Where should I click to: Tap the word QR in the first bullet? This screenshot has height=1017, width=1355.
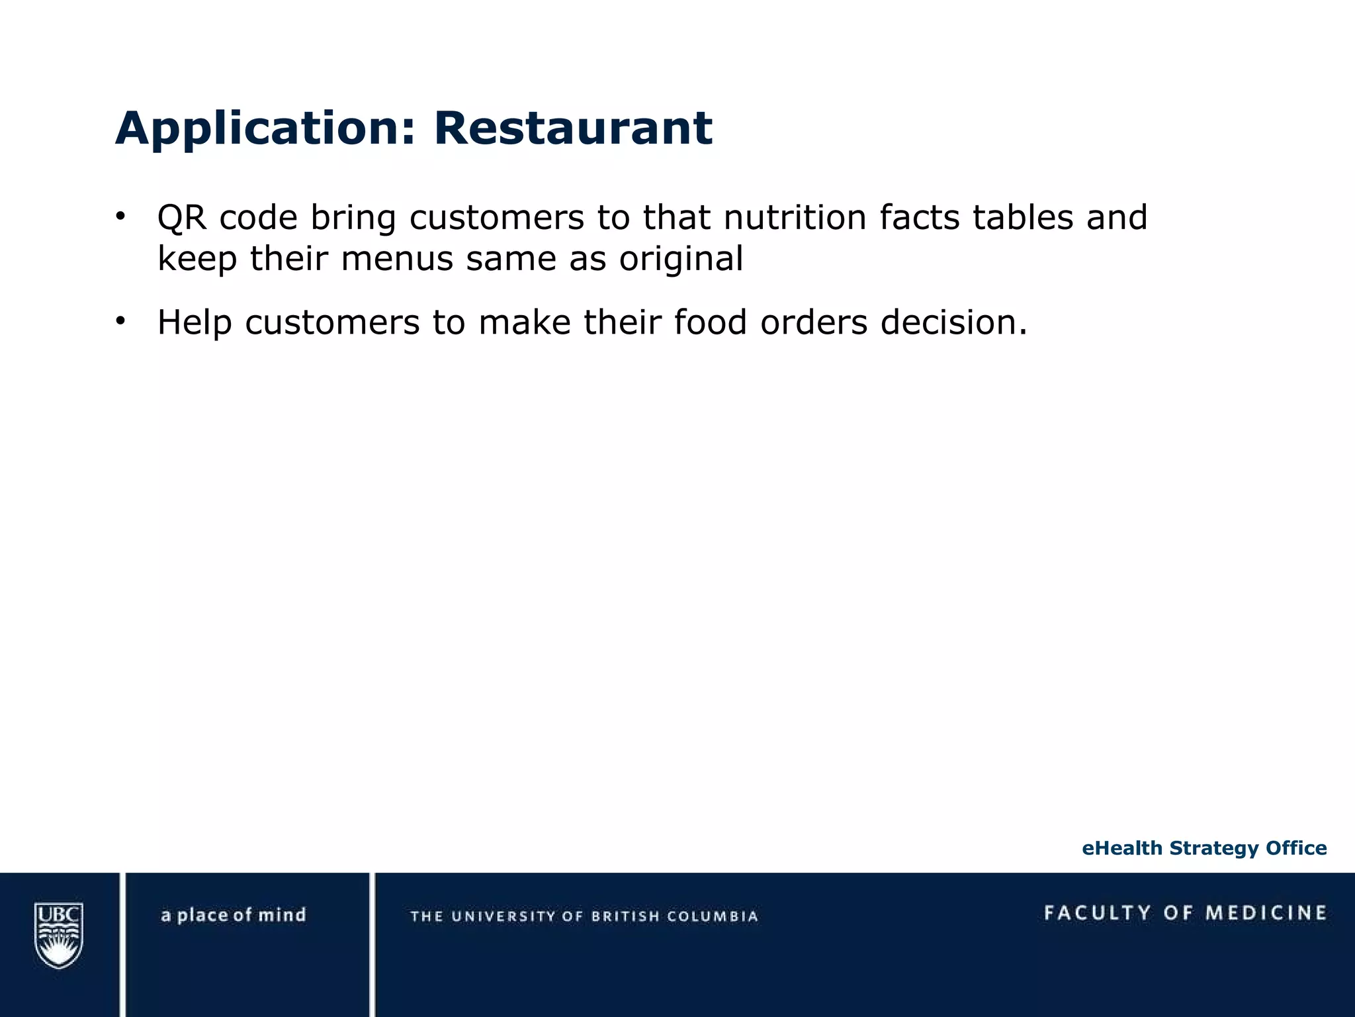(182, 218)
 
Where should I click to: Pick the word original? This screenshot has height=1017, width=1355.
(681, 260)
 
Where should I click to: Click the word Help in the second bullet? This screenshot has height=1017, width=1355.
(194, 322)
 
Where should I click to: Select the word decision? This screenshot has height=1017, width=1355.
(953, 322)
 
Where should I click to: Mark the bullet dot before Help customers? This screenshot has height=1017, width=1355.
(120, 321)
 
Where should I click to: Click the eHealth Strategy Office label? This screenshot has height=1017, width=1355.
(1204, 848)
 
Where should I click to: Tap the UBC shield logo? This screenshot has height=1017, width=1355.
(59, 935)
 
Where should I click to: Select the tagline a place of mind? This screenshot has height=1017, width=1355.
(234, 915)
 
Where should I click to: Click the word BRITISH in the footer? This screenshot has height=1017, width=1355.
(625, 916)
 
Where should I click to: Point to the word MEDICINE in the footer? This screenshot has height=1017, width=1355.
(1266, 913)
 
